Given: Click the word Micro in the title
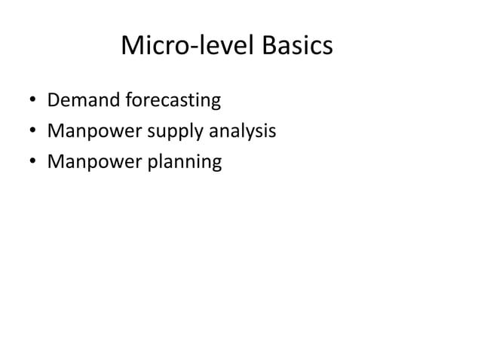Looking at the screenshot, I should coord(154,47).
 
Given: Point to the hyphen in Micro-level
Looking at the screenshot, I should coord(193,49).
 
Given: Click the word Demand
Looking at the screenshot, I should coord(78,100).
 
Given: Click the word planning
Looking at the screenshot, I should coord(186,163).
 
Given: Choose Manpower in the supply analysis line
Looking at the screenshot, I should coord(94,132).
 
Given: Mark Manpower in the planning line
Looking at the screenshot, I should coord(94,162).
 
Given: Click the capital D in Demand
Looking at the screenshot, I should coord(53,100).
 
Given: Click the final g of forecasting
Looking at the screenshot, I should coord(216,103).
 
